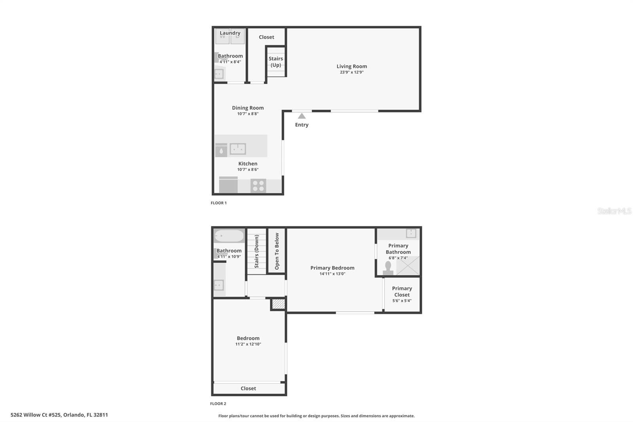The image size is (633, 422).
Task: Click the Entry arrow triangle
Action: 301,116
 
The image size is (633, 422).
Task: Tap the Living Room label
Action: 352,66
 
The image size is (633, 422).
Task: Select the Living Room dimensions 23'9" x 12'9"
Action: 352,72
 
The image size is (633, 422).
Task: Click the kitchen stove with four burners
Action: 258,186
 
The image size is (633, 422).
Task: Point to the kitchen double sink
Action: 238,149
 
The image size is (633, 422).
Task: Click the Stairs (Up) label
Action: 275,62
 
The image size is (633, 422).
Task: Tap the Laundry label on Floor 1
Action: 230,33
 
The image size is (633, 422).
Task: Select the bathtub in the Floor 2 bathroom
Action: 229,236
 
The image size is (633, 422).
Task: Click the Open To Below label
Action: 277,251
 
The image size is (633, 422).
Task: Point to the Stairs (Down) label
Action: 257,251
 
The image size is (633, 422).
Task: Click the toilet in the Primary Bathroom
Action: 388,268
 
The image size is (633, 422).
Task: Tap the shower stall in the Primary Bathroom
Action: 408,265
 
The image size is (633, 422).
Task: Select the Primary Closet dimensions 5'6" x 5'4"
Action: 402,300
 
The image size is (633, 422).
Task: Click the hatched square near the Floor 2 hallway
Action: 279,304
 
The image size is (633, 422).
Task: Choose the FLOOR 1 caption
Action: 218,203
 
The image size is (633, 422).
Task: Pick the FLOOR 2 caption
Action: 218,404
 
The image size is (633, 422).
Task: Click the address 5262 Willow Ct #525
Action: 36,414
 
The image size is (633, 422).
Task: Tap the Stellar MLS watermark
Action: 614,211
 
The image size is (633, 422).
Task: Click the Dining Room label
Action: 248,108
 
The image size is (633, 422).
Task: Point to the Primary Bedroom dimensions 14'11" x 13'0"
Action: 332,274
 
